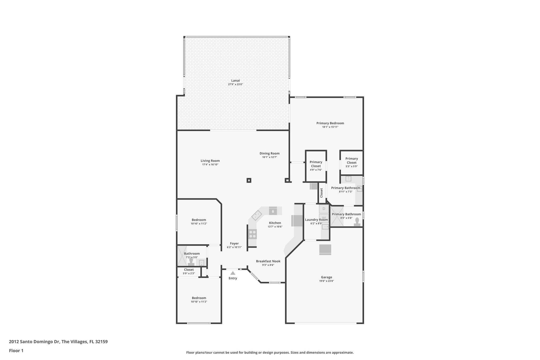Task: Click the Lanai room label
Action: pyautogui.click(x=235, y=80)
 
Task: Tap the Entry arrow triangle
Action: pyautogui.click(x=233, y=273)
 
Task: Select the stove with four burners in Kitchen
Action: pyautogui.click(x=252, y=234)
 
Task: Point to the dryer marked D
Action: pyautogui.click(x=324, y=209)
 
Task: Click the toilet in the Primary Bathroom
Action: pyautogui.click(x=357, y=222)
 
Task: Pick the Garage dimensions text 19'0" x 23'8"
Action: pyautogui.click(x=326, y=281)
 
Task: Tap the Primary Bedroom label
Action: pyautogui.click(x=330, y=123)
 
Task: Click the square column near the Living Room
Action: pyautogui.click(x=249, y=180)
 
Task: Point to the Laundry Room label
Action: pyautogui.click(x=316, y=220)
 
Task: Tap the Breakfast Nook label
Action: pyautogui.click(x=268, y=261)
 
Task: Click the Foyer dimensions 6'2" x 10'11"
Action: pyautogui.click(x=234, y=247)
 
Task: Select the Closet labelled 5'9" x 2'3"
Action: pyautogui.click(x=189, y=271)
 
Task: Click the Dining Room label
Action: pyautogui.click(x=269, y=153)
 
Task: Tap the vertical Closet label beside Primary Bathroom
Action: pyautogui.click(x=321, y=193)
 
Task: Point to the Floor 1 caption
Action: pyautogui.click(x=16, y=351)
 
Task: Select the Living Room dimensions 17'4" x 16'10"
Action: pyautogui.click(x=210, y=165)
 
